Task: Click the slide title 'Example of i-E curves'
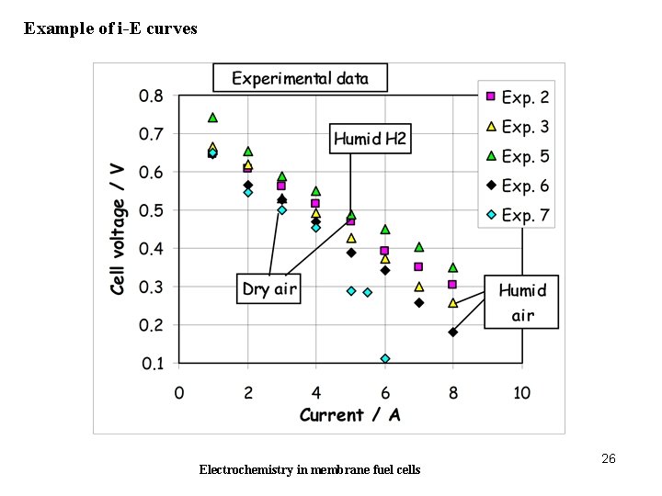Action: [x=110, y=28]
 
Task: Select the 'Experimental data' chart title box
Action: [x=300, y=78]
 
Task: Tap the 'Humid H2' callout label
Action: [x=370, y=140]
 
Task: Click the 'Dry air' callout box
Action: [x=268, y=289]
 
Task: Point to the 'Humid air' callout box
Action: [x=522, y=303]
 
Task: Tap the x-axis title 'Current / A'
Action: [x=350, y=415]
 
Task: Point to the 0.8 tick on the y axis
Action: [x=151, y=96]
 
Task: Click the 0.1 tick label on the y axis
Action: [x=151, y=364]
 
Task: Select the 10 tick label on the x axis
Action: [x=521, y=392]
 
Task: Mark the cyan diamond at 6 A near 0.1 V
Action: [x=385, y=358]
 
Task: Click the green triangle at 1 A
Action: [x=212, y=118]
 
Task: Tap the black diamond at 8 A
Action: [x=453, y=333]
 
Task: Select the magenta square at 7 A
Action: [x=419, y=267]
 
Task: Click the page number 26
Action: [x=608, y=458]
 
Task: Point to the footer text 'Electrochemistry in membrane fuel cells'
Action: [x=310, y=469]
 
